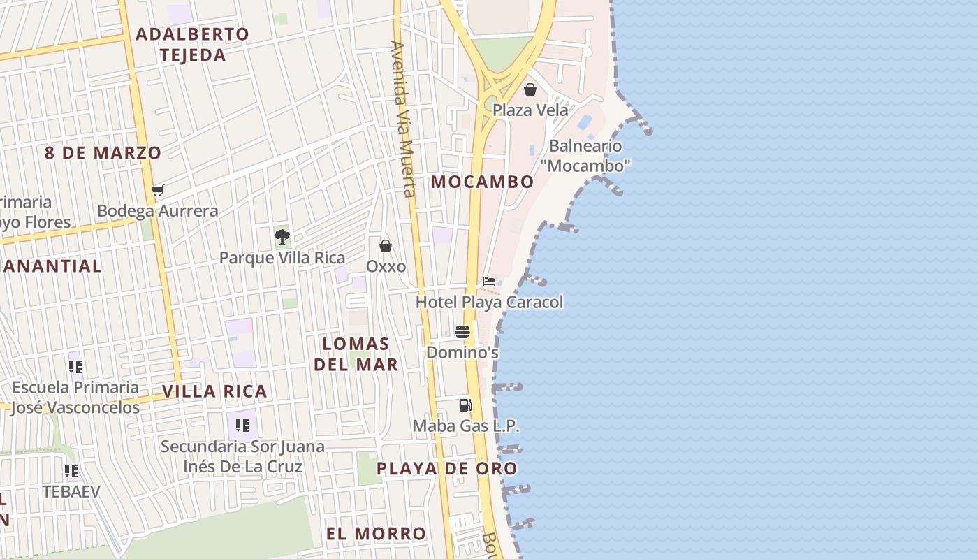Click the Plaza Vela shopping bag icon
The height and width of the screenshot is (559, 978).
pos(530,89)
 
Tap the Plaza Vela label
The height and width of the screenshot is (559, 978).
pos(530,110)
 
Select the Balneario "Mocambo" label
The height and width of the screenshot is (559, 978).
pos(585,155)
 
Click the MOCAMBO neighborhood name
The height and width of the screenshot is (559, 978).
pos(482,182)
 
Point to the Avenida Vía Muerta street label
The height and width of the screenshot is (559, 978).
pos(403,119)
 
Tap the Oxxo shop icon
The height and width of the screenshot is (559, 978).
pos(386,246)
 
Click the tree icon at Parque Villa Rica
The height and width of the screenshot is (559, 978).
pos(282,236)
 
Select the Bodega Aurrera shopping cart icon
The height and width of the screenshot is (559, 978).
pos(158,191)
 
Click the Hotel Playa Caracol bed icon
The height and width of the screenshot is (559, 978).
pos(489,282)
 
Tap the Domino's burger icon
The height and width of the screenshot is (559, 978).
pos(462,332)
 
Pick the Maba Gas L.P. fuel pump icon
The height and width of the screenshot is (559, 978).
pos(465,405)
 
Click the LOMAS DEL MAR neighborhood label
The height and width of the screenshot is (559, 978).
pos(356,354)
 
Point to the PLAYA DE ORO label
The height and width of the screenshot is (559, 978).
pos(447,469)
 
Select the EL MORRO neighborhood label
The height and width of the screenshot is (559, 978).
pos(376,534)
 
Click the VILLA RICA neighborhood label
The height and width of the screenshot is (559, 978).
pos(214,391)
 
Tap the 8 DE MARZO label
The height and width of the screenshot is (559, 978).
pos(103,153)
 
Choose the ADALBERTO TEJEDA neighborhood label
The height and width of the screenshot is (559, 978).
pos(192,44)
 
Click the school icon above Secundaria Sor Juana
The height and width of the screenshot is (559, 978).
pos(242,426)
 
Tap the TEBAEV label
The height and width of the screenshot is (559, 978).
pos(71,491)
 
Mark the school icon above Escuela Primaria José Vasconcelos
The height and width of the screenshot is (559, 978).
pos(76,366)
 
